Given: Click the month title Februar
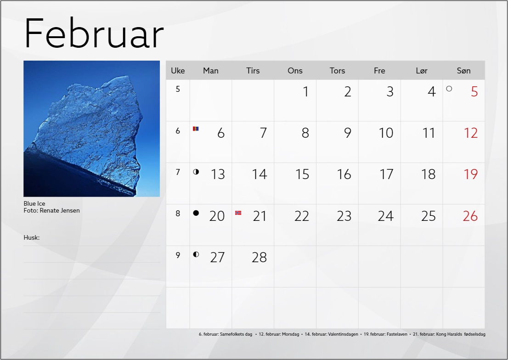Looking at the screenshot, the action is (94, 34).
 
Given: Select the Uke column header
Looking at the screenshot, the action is (178, 71).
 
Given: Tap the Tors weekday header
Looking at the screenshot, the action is (337, 71).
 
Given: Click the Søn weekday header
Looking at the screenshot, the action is (463, 71).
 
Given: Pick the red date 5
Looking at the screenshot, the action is (474, 92).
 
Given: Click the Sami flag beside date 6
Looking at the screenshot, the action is (196, 129).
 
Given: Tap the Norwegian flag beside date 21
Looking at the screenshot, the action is (238, 213).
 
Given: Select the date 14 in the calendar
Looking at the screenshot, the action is (260, 174).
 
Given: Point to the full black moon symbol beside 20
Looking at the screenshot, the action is (196, 213).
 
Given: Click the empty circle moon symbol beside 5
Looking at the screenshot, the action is (449, 89).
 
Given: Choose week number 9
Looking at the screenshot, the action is (178, 255).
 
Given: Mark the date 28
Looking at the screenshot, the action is (259, 258).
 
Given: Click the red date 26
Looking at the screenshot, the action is (470, 216).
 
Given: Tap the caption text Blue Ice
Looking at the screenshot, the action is (34, 203).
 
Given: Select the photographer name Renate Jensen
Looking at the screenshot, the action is (60, 210).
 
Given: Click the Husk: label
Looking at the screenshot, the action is (31, 237).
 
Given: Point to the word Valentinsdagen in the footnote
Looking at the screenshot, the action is (343, 334).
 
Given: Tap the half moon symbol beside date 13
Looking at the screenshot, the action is (196, 172).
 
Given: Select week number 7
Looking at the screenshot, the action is (178, 172).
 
